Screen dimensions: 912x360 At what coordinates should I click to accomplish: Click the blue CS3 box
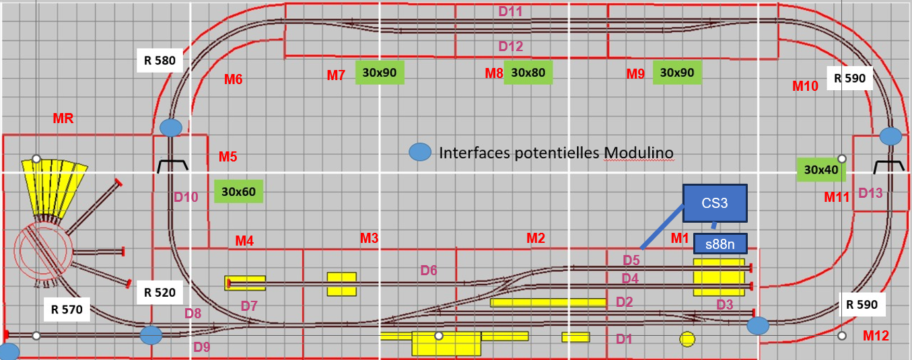click(715, 203)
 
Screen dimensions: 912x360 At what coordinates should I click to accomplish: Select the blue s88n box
click(720, 244)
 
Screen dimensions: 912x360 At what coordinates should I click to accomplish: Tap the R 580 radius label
click(160, 61)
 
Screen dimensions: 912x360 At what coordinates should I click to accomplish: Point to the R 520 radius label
click(160, 293)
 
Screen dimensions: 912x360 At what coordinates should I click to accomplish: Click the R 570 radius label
click(67, 310)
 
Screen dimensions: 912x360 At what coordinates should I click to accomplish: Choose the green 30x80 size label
click(528, 73)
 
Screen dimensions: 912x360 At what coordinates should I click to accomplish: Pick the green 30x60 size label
click(238, 191)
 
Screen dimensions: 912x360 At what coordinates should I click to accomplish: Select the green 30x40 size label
click(821, 170)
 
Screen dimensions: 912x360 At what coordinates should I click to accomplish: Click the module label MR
click(63, 118)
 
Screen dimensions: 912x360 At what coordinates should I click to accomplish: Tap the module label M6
click(234, 79)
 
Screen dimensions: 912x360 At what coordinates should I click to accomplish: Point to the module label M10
click(805, 86)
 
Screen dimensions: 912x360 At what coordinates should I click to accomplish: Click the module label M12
click(876, 336)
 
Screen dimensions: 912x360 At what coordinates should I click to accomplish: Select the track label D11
click(510, 11)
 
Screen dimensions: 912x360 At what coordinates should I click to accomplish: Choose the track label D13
click(870, 192)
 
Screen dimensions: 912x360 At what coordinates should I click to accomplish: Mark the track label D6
click(429, 270)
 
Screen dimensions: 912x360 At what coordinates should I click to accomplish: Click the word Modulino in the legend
click(638, 153)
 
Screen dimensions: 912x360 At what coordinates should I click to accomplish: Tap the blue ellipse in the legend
click(420, 152)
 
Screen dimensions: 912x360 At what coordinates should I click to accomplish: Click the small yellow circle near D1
click(687, 339)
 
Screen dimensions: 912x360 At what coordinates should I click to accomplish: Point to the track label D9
click(201, 347)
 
